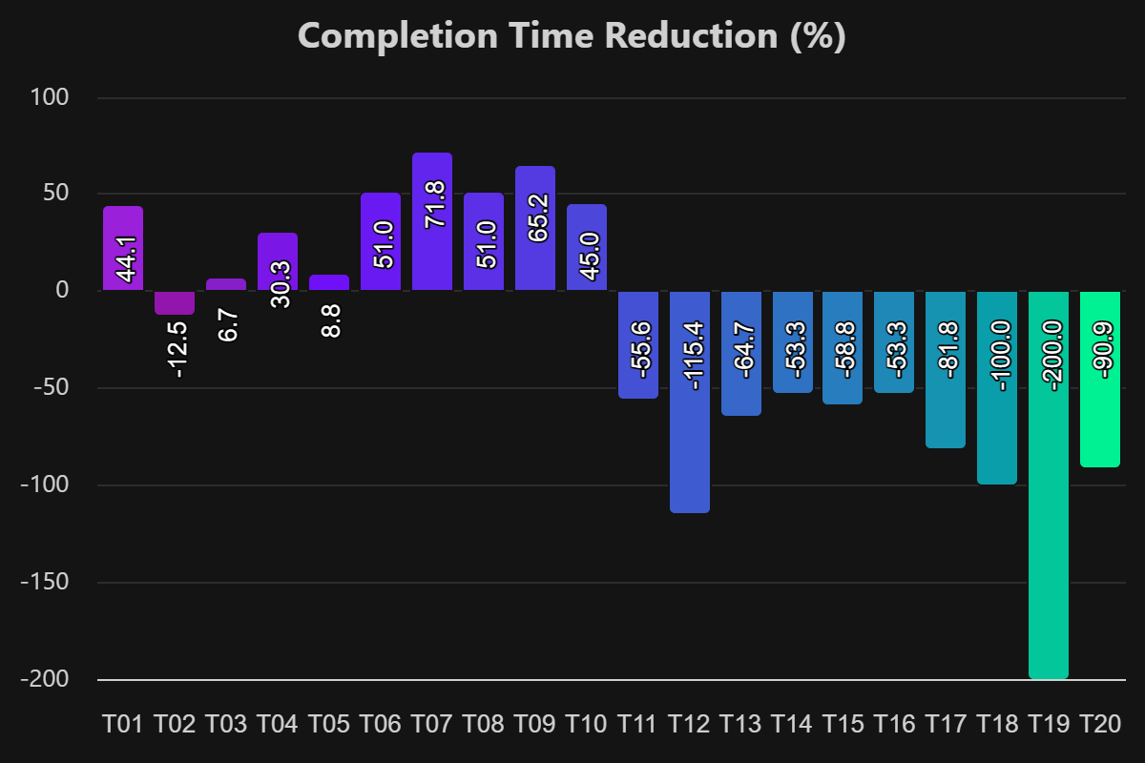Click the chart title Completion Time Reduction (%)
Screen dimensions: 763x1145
click(x=572, y=36)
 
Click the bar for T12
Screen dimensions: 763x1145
click(x=690, y=402)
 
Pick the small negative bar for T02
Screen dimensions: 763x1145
click(x=175, y=302)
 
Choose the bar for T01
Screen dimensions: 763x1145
click(x=123, y=248)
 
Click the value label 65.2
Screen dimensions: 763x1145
click(x=536, y=217)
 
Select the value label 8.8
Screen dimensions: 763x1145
click(x=330, y=321)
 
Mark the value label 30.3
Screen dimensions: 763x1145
click(x=279, y=283)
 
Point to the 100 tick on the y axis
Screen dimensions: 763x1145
click(x=56, y=97)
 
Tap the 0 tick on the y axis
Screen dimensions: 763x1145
click(x=63, y=290)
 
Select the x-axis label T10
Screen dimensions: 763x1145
click(x=587, y=725)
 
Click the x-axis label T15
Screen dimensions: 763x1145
click(x=844, y=725)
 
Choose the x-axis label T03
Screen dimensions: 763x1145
click(x=226, y=725)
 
